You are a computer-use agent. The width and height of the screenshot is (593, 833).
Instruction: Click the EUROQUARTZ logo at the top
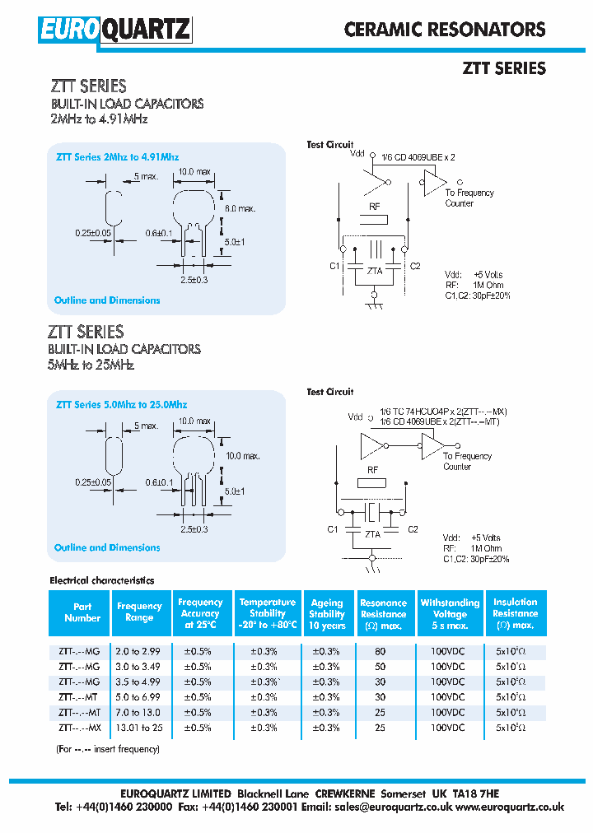pyautogui.click(x=114, y=30)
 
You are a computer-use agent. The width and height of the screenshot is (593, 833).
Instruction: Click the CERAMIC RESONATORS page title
pyautogui.click(x=445, y=30)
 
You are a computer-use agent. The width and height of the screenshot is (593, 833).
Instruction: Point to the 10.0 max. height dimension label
pyautogui.click(x=243, y=455)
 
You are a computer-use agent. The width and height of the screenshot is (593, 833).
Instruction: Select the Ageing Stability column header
pyautogui.click(x=327, y=614)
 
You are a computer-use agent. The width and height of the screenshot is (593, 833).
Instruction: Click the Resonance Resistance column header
pyautogui.click(x=383, y=614)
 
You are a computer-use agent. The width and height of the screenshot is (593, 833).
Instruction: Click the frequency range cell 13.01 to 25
pyautogui.click(x=139, y=728)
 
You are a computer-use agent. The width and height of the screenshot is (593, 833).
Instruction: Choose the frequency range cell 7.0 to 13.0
pyautogui.click(x=139, y=712)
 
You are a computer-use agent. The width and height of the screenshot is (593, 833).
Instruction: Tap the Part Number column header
pyautogui.click(x=82, y=612)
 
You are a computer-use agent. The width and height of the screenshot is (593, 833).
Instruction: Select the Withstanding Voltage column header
pyautogui.click(x=450, y=614)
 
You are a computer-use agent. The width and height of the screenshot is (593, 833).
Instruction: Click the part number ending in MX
pyautogui.click(x=80, y=728)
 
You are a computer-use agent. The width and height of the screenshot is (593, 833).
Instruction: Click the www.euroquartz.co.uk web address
pyautogui.click(x=510, y=807)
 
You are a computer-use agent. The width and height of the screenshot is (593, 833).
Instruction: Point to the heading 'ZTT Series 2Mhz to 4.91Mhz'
pyautogui.click(x=117, y=156)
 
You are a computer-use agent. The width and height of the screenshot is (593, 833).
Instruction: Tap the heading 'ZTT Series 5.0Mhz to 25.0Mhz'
pyautogui.click(x=121, y=405)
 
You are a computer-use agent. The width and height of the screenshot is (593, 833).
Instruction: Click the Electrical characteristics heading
pyautogui.click(x=102, y=580)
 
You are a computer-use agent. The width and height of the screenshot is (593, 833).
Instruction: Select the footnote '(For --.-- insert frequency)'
pyautogui.click(x=107, y=749)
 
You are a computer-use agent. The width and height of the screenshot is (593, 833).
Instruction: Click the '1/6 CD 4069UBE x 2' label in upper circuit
pyautogui.click(x=418, y=156)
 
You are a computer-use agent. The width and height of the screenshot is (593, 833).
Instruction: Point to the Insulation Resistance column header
pyautogui.click(x=515, y=614)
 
